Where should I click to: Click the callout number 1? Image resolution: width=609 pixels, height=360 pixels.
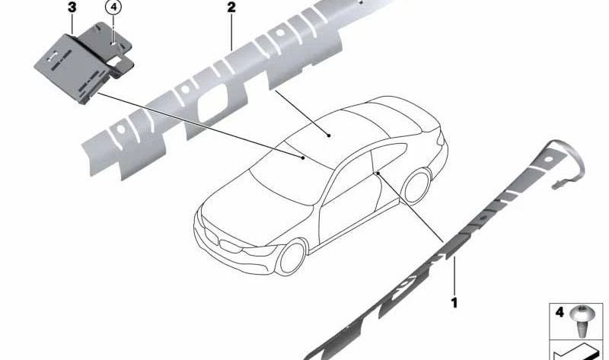[x=454, y=303]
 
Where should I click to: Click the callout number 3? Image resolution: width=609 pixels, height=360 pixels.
[x=72, y=8]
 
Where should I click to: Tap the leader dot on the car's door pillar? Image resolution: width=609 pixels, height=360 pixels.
[x=377, y=175]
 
